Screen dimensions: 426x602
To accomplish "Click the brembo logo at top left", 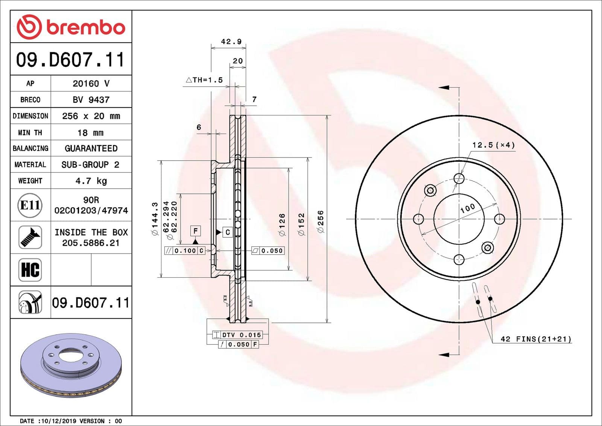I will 71,27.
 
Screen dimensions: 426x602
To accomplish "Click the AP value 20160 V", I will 91,84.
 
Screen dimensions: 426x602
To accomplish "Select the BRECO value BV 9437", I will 91,100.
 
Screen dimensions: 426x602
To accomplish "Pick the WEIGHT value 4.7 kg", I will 91,181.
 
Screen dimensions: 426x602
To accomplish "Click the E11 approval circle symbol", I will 30,205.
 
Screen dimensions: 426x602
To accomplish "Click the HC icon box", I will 30,270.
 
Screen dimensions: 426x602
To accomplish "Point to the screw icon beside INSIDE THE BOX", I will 30,237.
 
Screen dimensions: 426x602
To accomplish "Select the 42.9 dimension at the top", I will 231,42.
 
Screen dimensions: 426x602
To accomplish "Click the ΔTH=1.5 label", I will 204,80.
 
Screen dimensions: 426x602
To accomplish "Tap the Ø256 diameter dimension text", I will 321,221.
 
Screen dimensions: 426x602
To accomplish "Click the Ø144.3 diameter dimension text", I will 155,219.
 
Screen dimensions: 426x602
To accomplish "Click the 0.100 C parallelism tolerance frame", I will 185,251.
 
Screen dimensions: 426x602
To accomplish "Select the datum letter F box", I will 195,231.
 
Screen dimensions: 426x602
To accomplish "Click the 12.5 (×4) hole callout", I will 493,145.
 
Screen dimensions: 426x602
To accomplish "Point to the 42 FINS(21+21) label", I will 536,339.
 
